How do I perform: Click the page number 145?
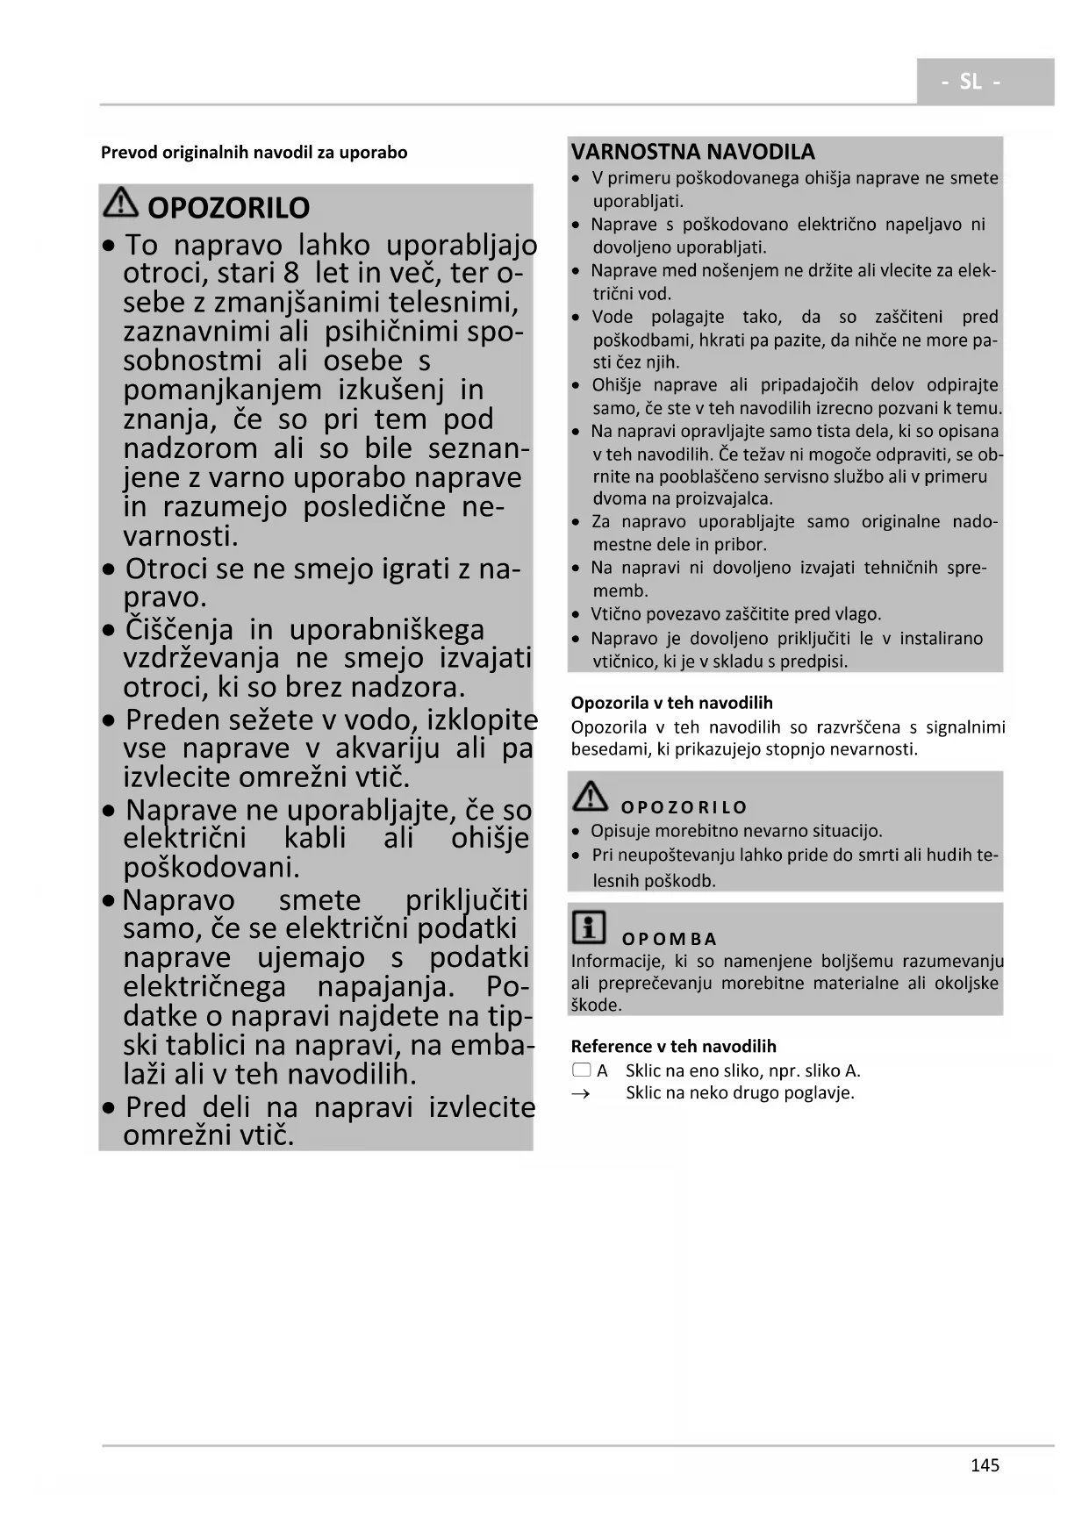(985, 1464)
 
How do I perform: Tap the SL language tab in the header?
(971, 82)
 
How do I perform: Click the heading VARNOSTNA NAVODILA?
(692, 152)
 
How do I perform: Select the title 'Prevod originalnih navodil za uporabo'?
(254, 153)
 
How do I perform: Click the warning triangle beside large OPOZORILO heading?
(120, 204)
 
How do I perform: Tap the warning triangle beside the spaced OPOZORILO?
(590, 796)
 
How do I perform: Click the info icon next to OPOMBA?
(588, 927)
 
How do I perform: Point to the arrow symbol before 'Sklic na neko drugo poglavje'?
(580, 1094)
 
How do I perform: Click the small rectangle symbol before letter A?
(581, 1070)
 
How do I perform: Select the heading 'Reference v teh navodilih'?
(673, 1046)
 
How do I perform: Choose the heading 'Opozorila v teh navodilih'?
(671, 703)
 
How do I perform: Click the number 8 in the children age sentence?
(291, 273)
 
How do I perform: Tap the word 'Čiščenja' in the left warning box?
(179, 629)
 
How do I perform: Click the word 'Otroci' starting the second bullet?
(167, 569)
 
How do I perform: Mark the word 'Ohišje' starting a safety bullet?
(618, 385)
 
